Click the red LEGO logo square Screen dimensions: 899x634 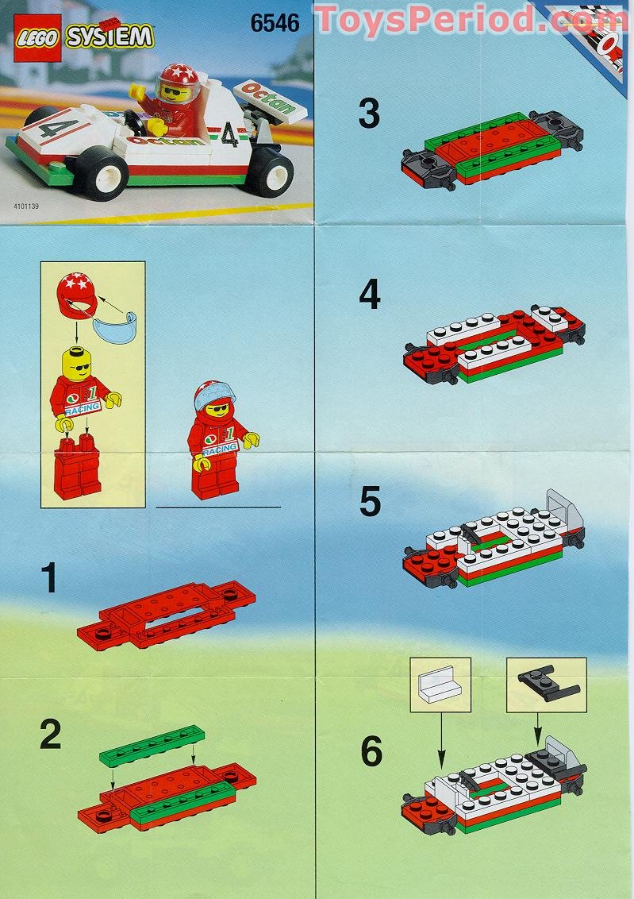pyautogui.click(x=38, y=38)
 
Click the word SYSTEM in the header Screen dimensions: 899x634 pyautogui.click(x=110, y=37)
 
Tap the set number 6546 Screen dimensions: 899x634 pyautogui.click(x=275, y=23)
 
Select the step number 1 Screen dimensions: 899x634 pyautogui.click(x=49, y=579)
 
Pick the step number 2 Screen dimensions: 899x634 pyautogui.click(x=50, y=735)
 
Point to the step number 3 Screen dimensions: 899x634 pyautogui.click(x=368, y=114)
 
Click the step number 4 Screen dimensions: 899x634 pyautogui.click(x=369, y=295)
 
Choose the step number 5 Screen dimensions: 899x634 pyautogui.click(x=370, y=502)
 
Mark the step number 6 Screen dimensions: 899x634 pyautogui.click(x=371, y=751)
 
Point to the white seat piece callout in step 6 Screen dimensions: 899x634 pyautogui.click(x=440, y=684)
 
